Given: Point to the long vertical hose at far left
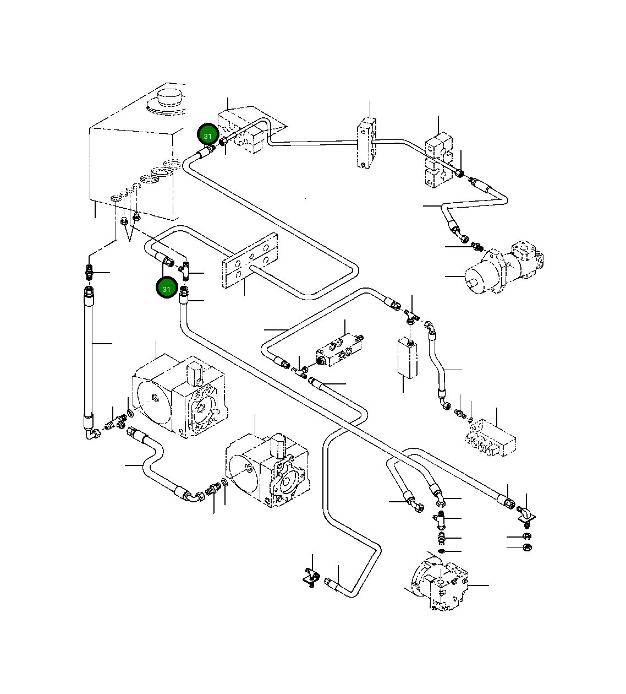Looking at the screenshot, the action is pos(89,360).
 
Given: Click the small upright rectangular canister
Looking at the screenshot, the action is pos(408,359).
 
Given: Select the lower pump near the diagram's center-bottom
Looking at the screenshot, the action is pos(267,471).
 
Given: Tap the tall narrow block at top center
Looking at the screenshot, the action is pos(366,143).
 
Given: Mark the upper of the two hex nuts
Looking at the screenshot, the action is pos(527,536).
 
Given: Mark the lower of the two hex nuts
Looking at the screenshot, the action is pos(527,547).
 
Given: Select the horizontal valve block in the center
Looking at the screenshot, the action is pos(339,350).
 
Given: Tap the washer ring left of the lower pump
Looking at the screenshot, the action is pos(224,483).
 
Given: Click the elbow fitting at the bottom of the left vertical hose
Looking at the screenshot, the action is pos(92,433).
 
